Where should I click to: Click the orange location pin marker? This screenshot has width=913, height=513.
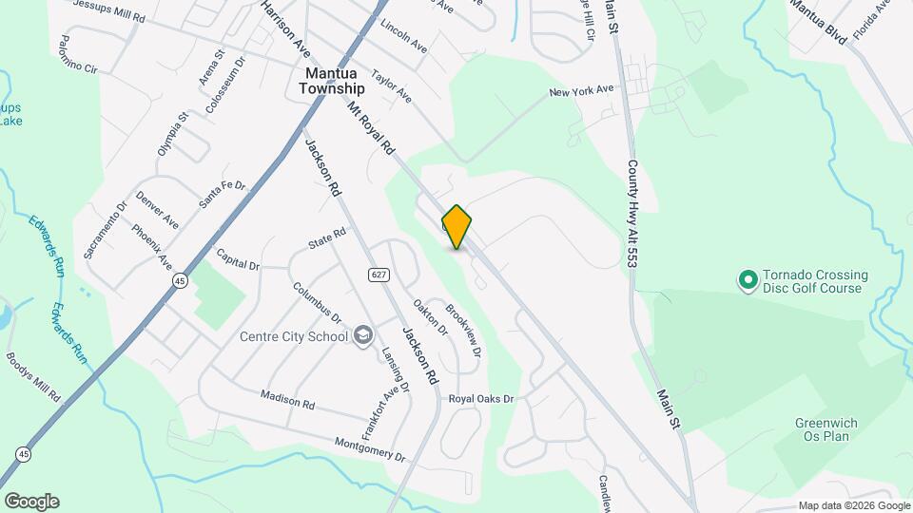(x=456, y=227)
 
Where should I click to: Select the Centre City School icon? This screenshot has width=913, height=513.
(x=362, y=334)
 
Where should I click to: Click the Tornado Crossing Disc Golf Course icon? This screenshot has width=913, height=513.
(x=748, y=280)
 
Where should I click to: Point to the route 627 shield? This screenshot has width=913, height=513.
(x=379, y=275)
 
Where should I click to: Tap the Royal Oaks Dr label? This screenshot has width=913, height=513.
(x=481, y=399)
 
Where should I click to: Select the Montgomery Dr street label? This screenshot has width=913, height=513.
(x=370, y=449)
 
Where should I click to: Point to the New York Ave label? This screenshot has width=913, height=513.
(x=581, y=91)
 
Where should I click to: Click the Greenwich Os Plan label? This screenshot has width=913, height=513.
(x=822, y=429)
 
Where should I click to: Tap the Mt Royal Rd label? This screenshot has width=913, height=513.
(x=370, y=129)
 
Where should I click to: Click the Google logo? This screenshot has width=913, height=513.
(x=31, y=502)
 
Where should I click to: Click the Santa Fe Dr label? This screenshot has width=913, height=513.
(x=223, y=195)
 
